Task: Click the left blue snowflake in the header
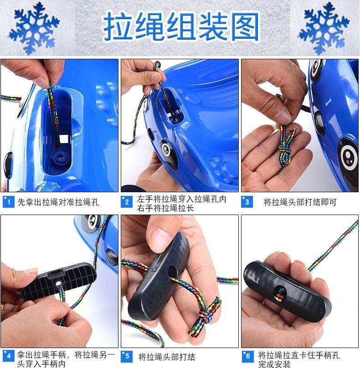[34, 28]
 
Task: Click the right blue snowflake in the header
[324, 28]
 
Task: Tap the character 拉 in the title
[118, 26]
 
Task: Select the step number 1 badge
[8, 202]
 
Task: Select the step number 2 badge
[127, 202]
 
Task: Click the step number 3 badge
[247, 202]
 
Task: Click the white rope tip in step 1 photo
[64, 138]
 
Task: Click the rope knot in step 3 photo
[286, 150]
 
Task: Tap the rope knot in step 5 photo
[206, 315]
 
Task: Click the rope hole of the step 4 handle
[58, 283]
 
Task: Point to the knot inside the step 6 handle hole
[279, 294]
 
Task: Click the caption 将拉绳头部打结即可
[300, 202]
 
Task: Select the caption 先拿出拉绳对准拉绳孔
[58, 202]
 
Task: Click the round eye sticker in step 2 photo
[166, 149]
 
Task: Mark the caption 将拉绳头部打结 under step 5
[166, 357]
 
